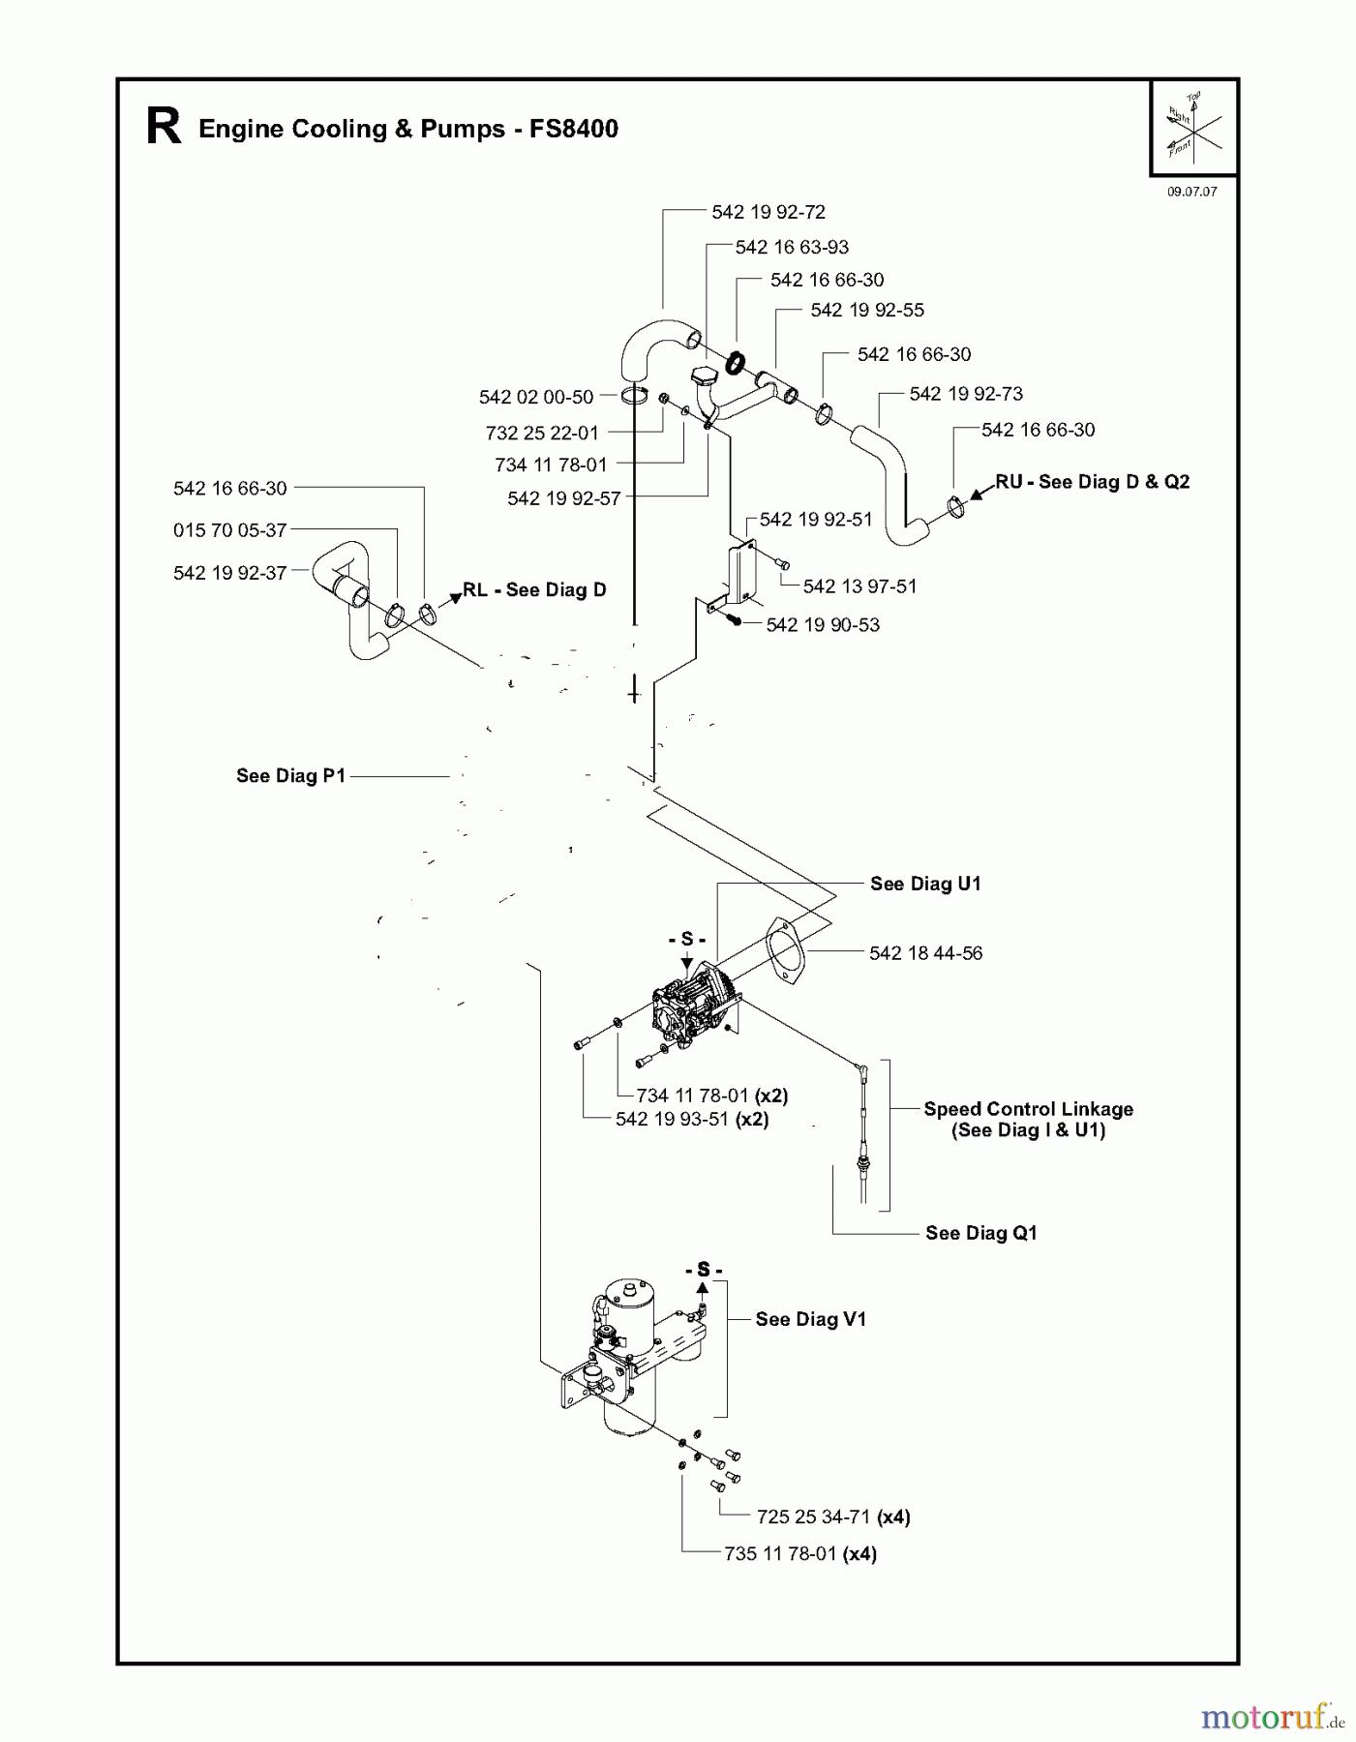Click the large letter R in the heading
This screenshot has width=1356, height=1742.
[164, 128]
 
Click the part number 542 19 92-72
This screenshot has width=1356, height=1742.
[768, 212]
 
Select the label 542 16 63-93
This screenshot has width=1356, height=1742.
[791, 247]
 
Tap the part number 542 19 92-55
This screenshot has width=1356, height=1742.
[866, 310]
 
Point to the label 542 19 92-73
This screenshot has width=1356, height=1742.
[965, 394]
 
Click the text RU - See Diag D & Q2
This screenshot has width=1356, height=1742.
[1092, 482]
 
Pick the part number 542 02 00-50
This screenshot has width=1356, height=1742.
[535, 397]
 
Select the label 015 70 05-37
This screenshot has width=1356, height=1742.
[229, 530]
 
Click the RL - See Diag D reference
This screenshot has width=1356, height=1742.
[534, 590]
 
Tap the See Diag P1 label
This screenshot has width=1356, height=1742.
[290, 775]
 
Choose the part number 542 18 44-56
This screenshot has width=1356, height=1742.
[924, 953]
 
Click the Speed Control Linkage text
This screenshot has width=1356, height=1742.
[1028, 1109]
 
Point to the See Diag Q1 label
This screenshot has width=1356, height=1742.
[980, 1233]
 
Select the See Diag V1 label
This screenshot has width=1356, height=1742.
[810, 1319]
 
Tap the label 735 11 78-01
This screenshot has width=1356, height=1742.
[779, 1554]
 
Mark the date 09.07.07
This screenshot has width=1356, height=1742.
[1191, 192]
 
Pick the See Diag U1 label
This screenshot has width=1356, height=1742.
[924, 884]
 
